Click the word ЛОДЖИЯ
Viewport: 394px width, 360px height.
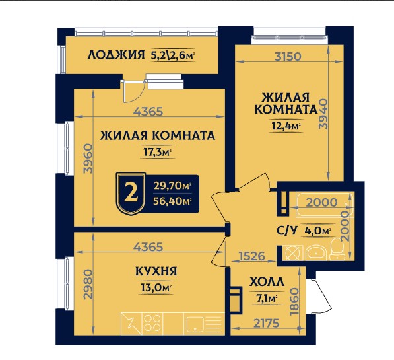coord(115,56)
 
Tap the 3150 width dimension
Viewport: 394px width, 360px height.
coord(288,56)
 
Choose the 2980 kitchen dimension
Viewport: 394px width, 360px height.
coord(88,284)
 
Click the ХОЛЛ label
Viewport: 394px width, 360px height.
coord(268,283)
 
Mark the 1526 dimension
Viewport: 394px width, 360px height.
coord(253,254)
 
